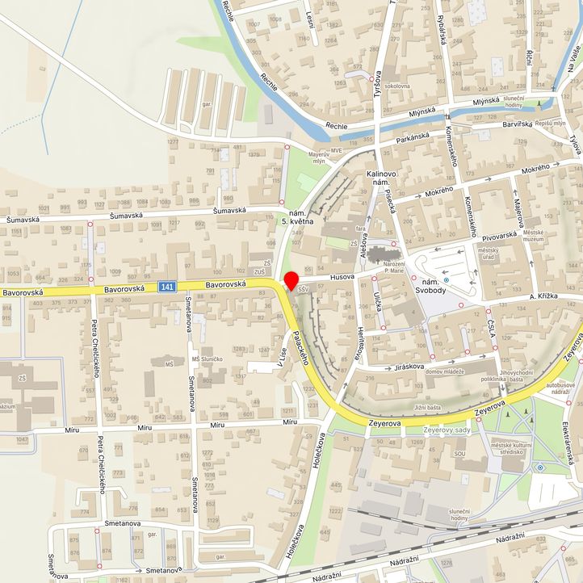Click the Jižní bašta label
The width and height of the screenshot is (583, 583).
pos(428,408)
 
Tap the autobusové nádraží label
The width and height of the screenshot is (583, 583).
pos(562,390)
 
